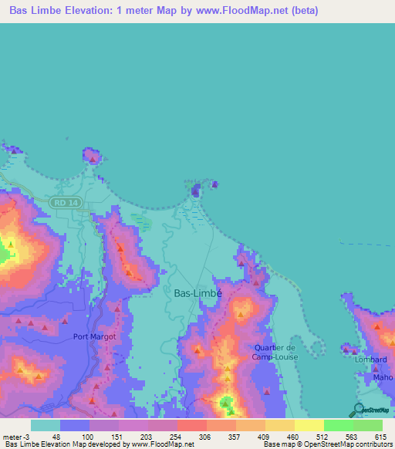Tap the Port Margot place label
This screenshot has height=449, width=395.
[95, 336]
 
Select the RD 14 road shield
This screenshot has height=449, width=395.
[62, 202]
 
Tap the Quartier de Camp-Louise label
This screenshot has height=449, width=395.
[275, 352]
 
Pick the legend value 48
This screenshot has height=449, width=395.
[56, 436]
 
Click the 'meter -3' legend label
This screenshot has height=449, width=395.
[15, 436]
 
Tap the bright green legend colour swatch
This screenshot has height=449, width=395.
[338, 425]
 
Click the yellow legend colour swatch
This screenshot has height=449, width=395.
[309, 425]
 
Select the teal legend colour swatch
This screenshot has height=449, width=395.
[46, 425]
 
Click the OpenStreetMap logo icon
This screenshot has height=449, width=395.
[357, 410]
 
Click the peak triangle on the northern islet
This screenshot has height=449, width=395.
[93, 159]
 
